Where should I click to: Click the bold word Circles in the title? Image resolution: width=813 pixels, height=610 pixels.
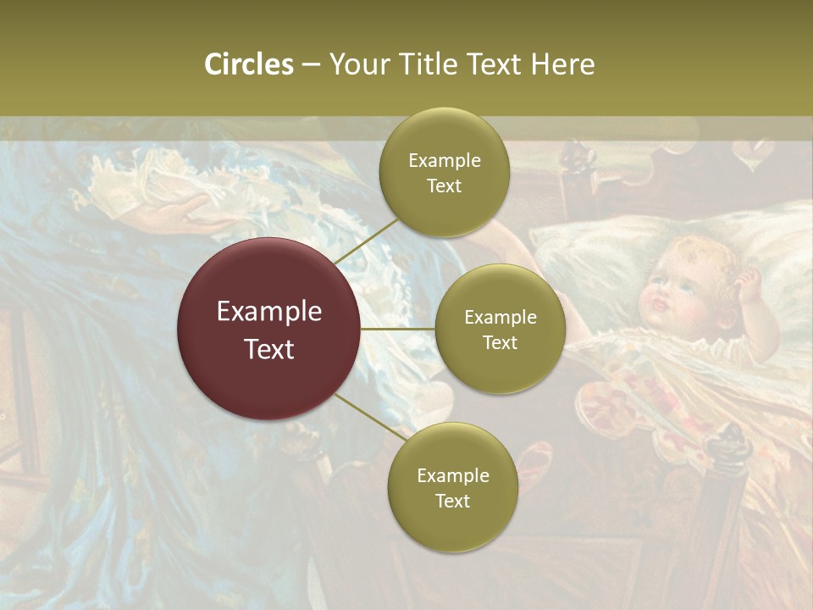tap(249, 64)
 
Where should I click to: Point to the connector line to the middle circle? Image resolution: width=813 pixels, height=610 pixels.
tap(398, 329)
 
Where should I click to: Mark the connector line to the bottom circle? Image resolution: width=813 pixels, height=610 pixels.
tap(369, 419)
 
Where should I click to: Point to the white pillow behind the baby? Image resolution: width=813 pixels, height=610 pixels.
tap(593, 254)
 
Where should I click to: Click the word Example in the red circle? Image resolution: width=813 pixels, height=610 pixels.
tap(269, 312)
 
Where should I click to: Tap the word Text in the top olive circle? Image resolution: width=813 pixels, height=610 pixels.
tap(444, 186)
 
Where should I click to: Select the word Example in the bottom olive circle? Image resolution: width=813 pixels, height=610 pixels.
tap(452, 476)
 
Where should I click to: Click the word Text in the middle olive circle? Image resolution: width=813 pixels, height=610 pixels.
tap(500, 342)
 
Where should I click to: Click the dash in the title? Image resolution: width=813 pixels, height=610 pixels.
tap(311, 65)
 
